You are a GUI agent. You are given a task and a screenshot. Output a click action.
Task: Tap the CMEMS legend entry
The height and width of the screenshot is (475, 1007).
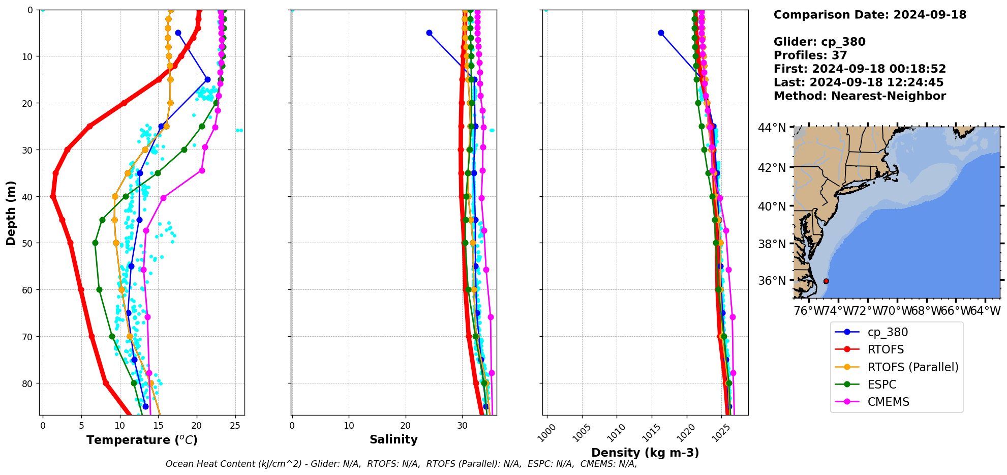888,402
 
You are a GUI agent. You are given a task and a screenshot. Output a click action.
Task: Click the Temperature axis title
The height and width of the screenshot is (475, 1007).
142,440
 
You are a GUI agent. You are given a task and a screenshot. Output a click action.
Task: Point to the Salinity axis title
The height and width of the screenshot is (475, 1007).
393,440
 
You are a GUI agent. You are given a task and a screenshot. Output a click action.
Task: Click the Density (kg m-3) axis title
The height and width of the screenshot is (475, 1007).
645,453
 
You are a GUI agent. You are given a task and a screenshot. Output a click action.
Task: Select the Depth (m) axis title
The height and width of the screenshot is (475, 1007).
11,213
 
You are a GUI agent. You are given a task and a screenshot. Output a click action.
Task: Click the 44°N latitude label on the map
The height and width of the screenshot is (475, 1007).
772,128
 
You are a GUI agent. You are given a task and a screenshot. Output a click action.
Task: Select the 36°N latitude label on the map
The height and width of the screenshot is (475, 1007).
772,281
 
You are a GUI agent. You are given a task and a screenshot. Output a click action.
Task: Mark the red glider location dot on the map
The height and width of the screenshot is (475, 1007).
826,281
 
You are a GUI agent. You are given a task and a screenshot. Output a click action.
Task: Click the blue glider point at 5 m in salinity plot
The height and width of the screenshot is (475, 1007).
429,33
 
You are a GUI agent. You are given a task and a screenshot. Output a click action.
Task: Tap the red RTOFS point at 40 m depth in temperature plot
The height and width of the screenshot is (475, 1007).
53,196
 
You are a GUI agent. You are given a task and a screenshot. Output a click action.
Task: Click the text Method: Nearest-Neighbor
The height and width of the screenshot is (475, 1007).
860,96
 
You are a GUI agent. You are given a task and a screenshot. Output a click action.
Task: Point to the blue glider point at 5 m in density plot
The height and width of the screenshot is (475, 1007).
661,33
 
